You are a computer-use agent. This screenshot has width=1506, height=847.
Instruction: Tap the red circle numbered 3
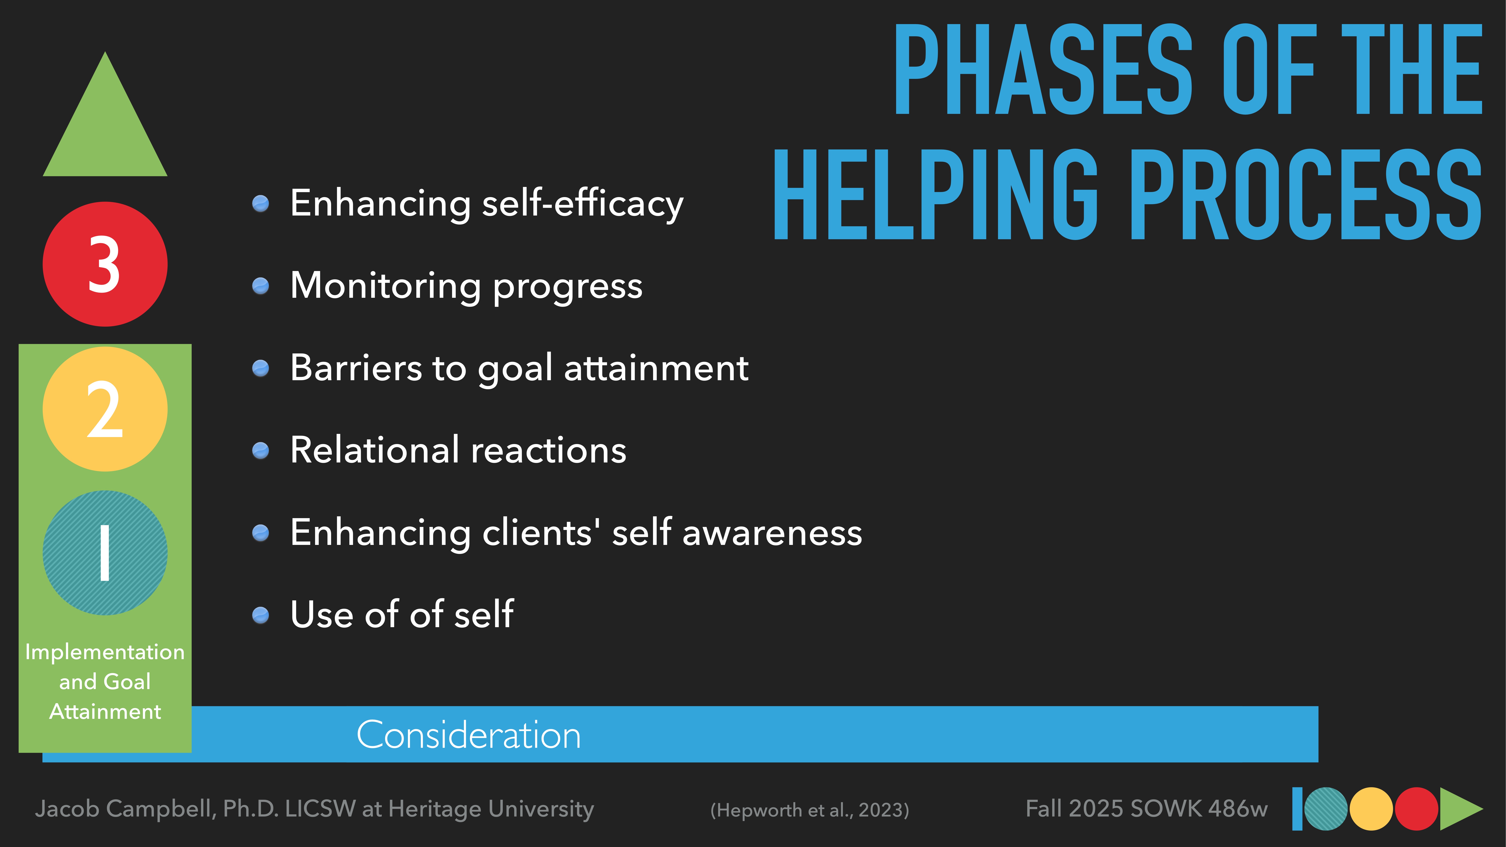105,264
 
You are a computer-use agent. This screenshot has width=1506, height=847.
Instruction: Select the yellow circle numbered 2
105,409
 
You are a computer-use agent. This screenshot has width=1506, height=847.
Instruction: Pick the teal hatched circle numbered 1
105,553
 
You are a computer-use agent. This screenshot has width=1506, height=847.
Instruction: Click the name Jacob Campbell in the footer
126,809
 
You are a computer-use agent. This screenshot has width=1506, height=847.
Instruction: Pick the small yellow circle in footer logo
1371,809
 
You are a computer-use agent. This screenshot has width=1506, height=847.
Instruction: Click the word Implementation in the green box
105,652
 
